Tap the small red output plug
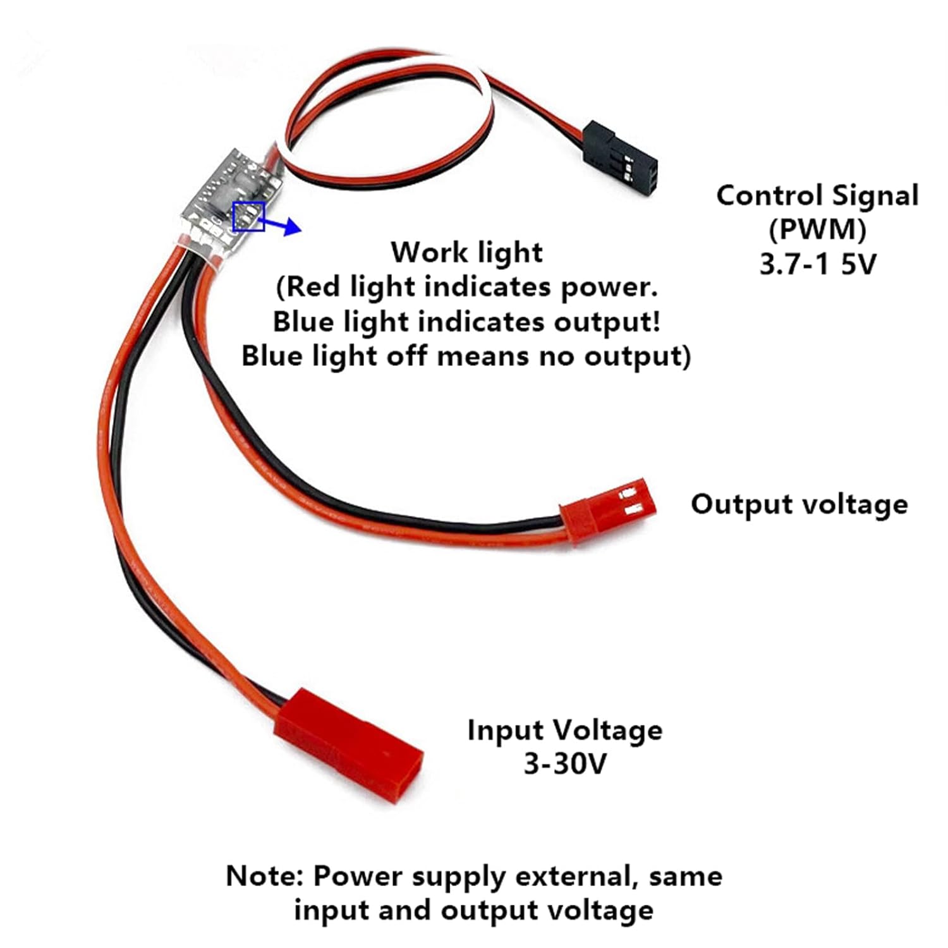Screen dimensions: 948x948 tap(607, 507)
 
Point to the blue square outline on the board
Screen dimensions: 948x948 tap(248, 216)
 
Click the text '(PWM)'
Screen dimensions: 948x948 tap(817, 229)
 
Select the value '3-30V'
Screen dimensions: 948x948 tap(565, 764)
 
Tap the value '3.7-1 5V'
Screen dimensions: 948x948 tap(818, 264)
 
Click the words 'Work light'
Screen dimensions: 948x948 tap(466, 252)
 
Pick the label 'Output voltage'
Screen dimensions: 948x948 tap(799, 504)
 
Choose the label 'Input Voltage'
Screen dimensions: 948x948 tap(565, 730)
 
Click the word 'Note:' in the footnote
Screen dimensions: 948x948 tap(265, 876)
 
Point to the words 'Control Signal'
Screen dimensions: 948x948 tap(817, 195)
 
